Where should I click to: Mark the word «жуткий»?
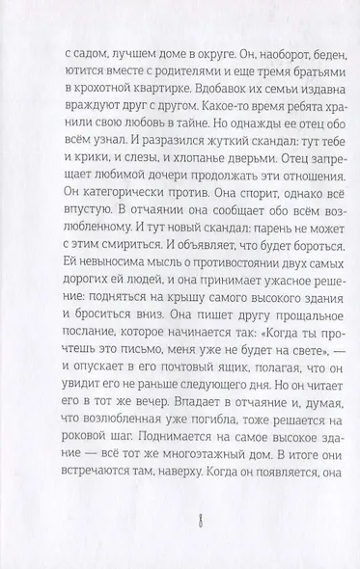point(189,170)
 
